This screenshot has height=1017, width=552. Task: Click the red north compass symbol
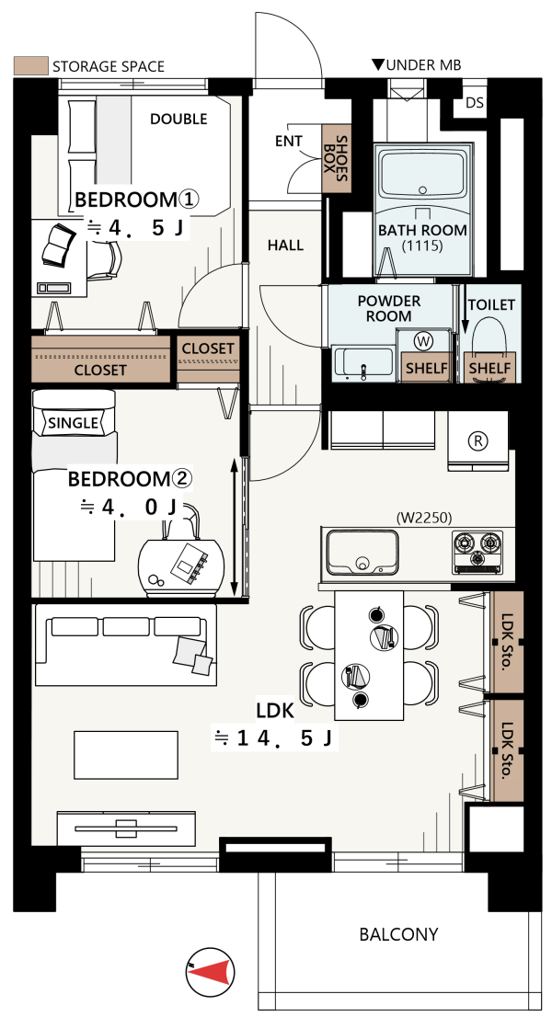211,972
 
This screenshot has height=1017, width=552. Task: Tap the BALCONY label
398,934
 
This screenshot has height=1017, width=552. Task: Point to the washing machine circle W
424,340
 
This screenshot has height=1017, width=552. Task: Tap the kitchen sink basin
362,552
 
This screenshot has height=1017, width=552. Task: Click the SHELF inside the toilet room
489,368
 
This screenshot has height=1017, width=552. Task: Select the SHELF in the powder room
426,368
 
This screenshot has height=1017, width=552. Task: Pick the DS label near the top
475,103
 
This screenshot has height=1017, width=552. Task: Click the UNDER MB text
416,64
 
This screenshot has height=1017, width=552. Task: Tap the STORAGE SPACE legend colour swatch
30,65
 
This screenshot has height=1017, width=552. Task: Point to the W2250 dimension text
423,518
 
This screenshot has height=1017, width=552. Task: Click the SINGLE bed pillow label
74,424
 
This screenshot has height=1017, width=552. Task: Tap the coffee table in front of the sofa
126,755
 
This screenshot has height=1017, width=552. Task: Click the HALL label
285,246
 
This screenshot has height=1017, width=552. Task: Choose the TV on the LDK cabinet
125,828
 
